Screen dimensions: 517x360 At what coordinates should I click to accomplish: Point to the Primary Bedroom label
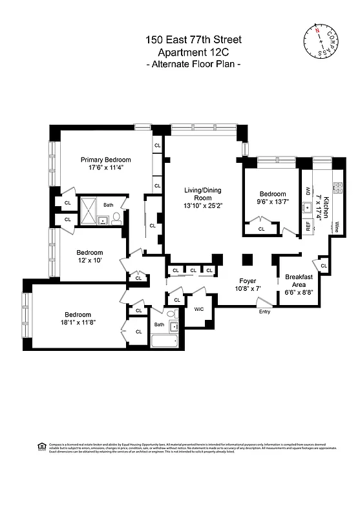click(x=105, y=160)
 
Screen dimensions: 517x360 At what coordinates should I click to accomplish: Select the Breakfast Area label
click(x=299, y=280)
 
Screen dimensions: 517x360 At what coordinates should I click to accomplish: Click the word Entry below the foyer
click(x=265, y=311)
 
